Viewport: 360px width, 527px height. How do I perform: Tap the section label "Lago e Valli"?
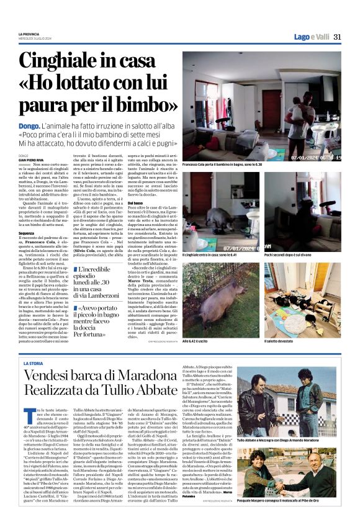pyautogui.click(x=311, y=37)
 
